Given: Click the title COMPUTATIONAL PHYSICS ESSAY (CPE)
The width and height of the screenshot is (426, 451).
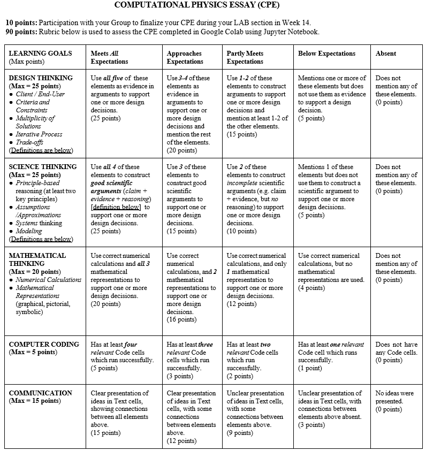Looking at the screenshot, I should (x=212, y=6).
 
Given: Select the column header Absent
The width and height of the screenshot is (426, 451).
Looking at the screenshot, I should (x=386, y=53).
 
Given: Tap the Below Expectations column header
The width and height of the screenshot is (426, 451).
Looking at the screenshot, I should (x=326, y=53).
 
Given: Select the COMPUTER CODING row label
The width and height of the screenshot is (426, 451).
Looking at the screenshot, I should (x=44, y=345).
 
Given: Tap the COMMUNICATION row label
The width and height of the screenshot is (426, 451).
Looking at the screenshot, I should (x=41, y=393).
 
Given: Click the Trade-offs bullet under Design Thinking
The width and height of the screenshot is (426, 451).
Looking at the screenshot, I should (x=32, y=142).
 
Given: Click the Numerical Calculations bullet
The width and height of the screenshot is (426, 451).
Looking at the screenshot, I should (x=48, y=280).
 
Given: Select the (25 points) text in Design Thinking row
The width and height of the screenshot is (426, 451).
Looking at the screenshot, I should (x=105, y=118).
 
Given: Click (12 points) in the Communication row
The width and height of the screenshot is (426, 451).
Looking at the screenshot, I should (x=181, y=441).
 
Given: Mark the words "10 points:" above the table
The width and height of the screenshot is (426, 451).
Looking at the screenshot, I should (x=21, y=23).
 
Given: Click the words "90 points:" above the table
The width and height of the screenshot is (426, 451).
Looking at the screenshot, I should (x=21, y=32).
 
